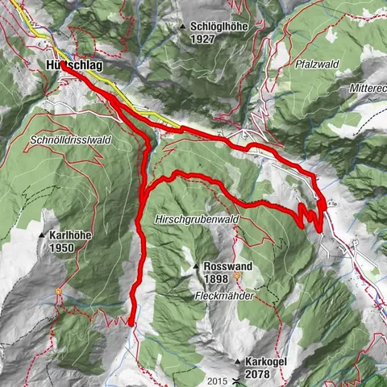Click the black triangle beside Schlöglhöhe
tap(185, 27)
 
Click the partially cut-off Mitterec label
tap(368, 87)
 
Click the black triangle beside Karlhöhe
tap(42, 235)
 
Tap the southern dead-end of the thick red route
tap(130, 323)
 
